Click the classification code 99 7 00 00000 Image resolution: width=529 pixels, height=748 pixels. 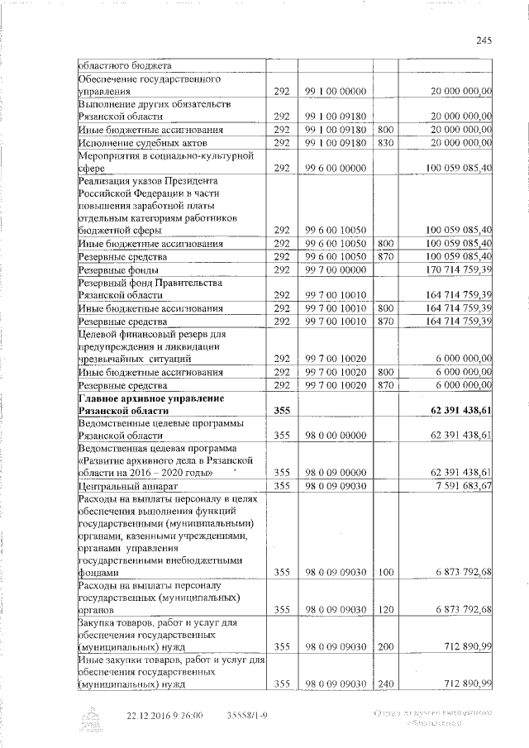[336, 269]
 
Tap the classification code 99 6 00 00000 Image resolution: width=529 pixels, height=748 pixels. [336, 168]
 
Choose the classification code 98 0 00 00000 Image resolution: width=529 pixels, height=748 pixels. [336, 435]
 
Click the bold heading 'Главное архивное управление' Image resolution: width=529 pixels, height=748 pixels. [150, 398]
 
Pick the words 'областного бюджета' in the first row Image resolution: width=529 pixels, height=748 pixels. [119, 66]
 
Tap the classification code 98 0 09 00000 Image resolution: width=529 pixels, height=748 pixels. [336, 472]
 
